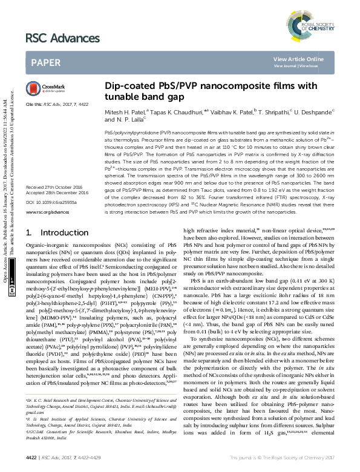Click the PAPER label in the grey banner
point(45,62)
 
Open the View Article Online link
point(298,59)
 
